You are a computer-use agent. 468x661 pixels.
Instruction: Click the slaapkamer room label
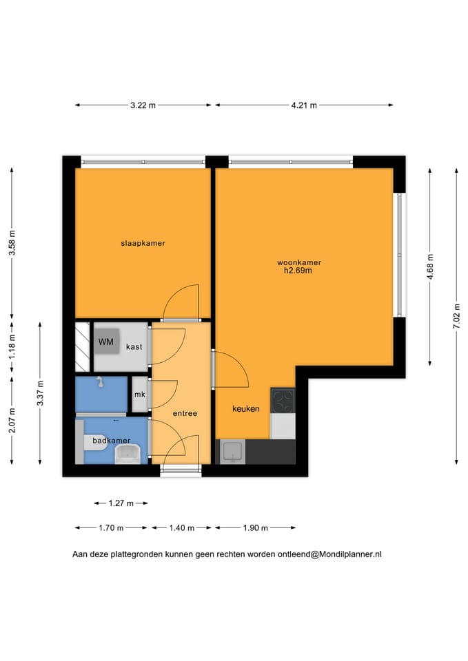tap(143, 243)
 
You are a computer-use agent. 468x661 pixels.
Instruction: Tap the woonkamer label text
tap(298, 262)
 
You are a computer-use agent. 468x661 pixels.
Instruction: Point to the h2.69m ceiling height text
tap(298, 271)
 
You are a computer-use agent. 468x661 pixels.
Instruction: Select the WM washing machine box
tap(106, 342)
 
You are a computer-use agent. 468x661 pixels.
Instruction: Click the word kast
tap(134, 347)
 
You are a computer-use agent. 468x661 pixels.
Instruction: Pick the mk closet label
tap(140, 395)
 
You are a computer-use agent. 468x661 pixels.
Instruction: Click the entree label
tap(185, 414)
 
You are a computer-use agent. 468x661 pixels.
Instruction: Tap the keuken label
tap(246, 408)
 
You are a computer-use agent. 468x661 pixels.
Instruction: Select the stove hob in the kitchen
tap(283, 401)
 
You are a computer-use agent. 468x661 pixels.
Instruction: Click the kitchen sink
tap(232, 452)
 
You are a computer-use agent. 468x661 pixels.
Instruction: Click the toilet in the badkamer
tap(94, 443)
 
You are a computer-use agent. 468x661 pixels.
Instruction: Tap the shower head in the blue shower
tap(101, 381)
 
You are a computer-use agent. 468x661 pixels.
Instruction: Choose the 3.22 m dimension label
tap(143, 105)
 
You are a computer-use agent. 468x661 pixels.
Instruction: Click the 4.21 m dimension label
tap(304, 105)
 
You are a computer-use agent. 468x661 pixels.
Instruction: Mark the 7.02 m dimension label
tap(456, 316)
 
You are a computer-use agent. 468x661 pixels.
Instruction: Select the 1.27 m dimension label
tap(121, 503)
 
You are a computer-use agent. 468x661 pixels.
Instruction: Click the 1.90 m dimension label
tap(255, 528)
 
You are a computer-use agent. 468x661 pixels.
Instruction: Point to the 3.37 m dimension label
tap(40, 393)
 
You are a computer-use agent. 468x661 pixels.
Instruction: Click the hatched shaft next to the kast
tap(82, 347)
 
